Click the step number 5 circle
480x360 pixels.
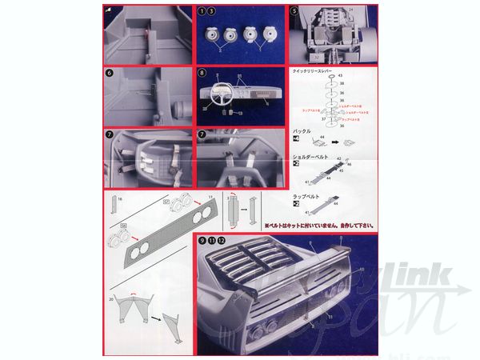tap(294, 11)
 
